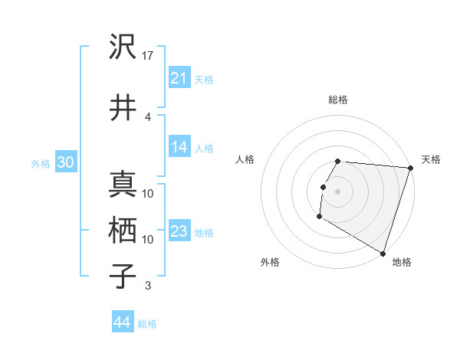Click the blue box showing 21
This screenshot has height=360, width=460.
pyautogui.click(x=179, y=77)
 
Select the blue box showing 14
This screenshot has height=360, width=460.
pyautogui.click(x=179, y=147)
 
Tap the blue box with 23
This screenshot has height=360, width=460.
pyautogui.click(x=179, y=231)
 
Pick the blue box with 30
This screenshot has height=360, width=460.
pyautogui.click(x=65, y=162)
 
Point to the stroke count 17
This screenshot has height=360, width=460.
pyautogui.click(x=148, y=55)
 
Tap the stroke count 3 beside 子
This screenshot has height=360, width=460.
pyautogui.click(x=148, y=286)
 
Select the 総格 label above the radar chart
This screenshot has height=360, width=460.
pyautogui.click(x=337, y=100)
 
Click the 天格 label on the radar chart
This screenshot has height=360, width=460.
pyautogui.click(x=431, y=159)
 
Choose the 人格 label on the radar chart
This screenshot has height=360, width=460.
pyautogui.click(x=245, y=159)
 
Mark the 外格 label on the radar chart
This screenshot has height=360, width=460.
pyautogui.click(x=270, y=262)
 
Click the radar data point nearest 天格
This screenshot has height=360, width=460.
pyautogui.click(x=410, y=168)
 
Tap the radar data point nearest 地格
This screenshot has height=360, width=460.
pyautogui.click(x=383, y=253)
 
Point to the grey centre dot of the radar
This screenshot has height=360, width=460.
pyautogui.click(x=337, y=191)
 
